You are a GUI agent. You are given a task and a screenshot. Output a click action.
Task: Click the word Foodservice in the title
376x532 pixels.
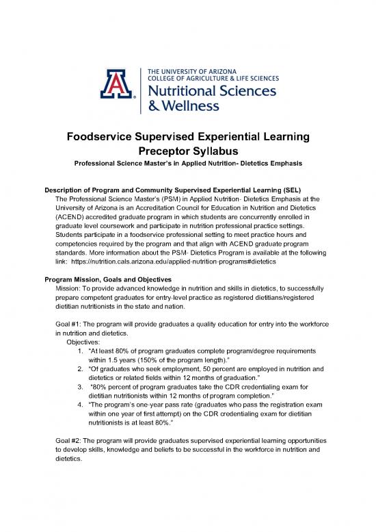pos(105,136)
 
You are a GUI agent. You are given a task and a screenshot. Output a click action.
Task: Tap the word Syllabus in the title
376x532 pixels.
pos(215,151)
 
